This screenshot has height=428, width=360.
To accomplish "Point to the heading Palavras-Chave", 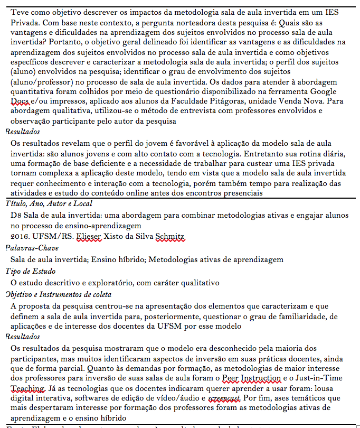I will click(x=32, y=248).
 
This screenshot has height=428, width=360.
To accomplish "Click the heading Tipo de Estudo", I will click(x=31, y=271).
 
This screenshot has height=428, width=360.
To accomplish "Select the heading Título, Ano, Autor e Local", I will click(x=49, y=203).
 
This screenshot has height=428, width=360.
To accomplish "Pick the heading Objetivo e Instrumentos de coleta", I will click(x=59, y=294).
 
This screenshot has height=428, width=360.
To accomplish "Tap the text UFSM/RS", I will click(x=52, y=236).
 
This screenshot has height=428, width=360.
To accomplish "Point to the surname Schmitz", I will click(x=170, y=236).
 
